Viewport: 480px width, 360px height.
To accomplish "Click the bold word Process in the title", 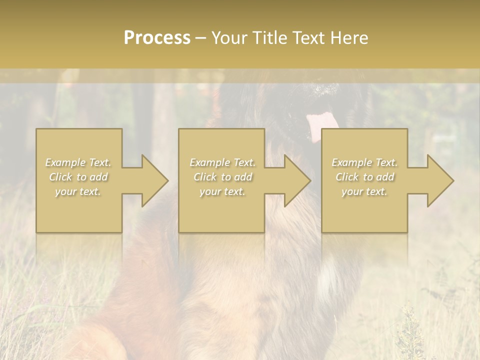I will click(157, 38).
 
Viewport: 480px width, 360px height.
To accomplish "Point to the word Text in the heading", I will click(308, 38).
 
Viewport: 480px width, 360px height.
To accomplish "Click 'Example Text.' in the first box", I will click(78, 162).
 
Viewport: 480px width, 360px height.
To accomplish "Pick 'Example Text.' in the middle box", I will click(222, 162).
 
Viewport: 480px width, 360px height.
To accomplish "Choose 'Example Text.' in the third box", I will click(364, 162).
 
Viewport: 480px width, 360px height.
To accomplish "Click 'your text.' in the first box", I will click(78, 191).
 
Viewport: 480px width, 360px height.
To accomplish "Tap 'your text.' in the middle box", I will click(222, 191).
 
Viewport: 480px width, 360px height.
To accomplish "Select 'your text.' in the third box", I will click(364, 191).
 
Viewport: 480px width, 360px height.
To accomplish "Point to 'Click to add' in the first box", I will click(78, 177).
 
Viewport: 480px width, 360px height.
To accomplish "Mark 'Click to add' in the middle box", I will click(222, 177).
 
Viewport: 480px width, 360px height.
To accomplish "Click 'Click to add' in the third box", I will click(364, 177).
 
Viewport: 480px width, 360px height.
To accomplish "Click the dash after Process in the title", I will click(201, 38).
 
